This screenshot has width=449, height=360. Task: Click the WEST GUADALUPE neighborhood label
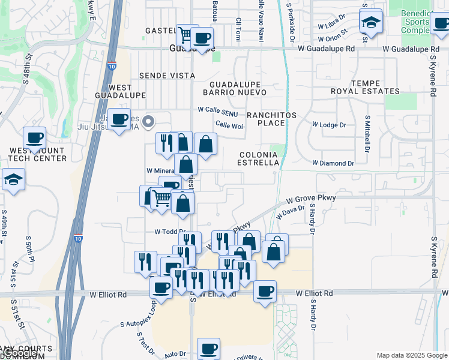click(121, 91)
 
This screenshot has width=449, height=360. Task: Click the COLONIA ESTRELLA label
click(259, 158)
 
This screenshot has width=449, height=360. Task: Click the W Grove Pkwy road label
click(310, 199)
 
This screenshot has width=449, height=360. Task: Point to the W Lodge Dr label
click(329, 125)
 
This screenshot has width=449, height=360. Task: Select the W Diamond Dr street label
click(333, 163)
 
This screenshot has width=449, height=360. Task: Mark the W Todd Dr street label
click(167, 232)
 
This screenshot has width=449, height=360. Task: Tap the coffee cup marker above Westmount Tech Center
click(35, 137)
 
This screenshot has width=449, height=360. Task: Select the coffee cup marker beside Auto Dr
click(208, 347)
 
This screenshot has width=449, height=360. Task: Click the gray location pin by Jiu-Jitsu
click(150, 121)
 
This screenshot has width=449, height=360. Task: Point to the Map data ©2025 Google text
click(412, 355)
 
